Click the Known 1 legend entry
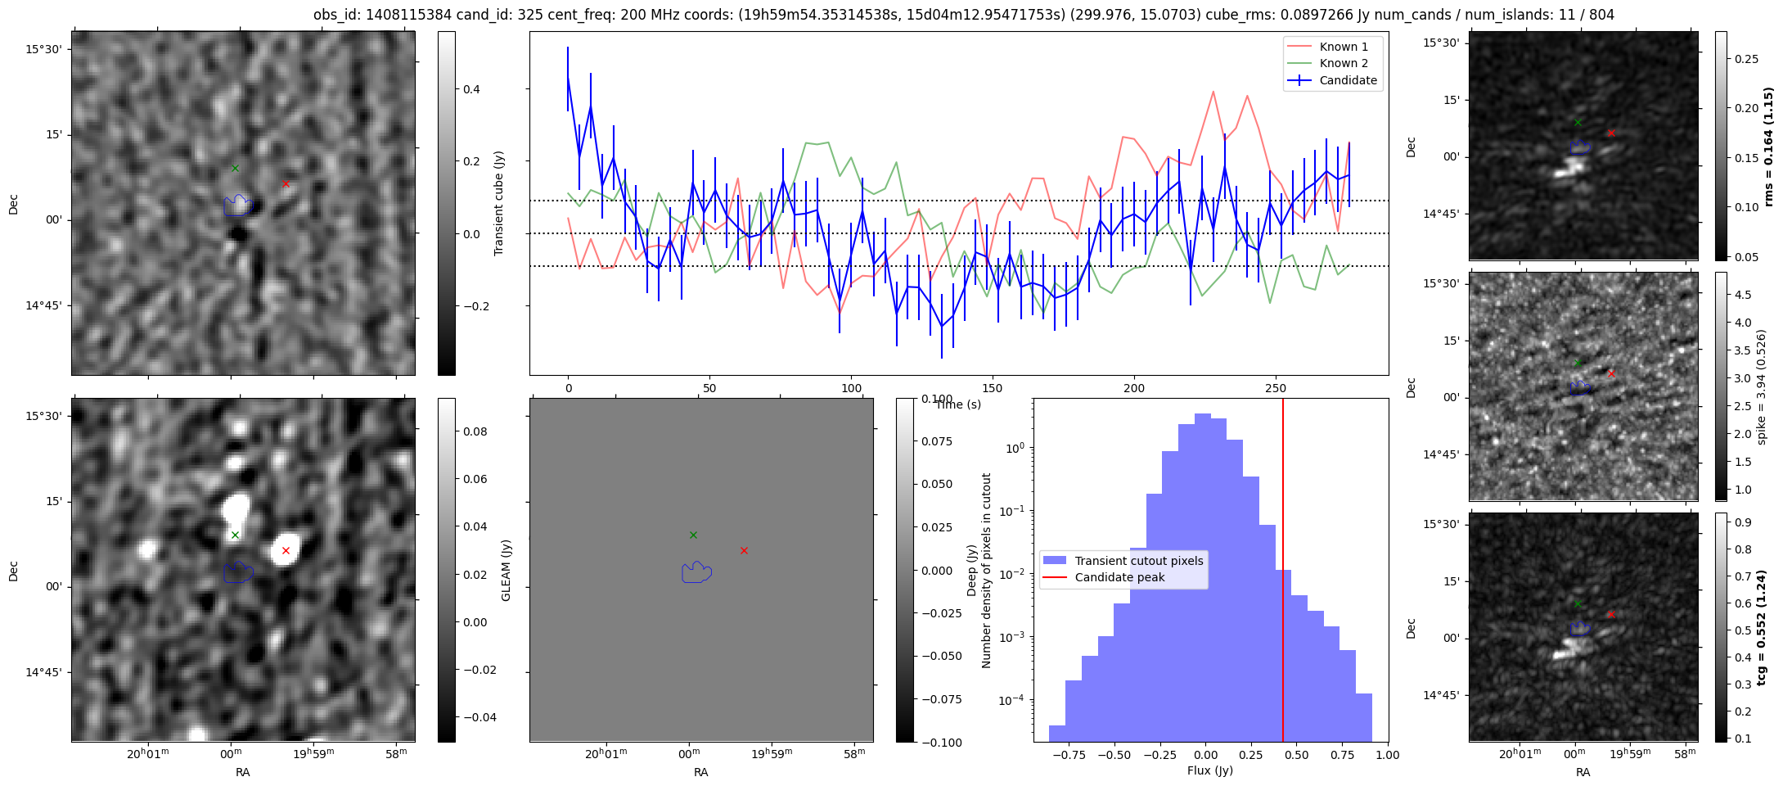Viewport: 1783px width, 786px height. (1343, 47)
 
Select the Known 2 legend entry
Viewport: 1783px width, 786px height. (1343, 63)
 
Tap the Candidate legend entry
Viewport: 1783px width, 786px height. (1348, 80)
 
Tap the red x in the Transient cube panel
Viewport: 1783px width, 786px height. (286, 183)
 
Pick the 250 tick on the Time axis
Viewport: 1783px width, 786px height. (1276, 388)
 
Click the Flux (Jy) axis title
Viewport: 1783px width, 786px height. (1209, 770)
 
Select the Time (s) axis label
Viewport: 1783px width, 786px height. (958, 404)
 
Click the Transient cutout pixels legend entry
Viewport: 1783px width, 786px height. (1138, 561)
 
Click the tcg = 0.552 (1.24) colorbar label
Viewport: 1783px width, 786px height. (1768, 627)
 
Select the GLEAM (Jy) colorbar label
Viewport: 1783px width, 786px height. (506, 570)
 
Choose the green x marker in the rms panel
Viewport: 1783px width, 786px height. (1578, 122)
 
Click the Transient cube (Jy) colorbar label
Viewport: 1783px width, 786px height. (498, 203)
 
